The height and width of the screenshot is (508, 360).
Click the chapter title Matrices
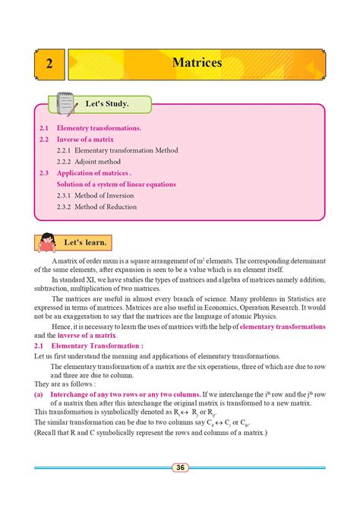(x=197, y=63)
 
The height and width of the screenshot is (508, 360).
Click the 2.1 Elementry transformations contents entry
(x=90, y=128)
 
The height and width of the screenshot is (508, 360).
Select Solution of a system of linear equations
(x=116, y=184)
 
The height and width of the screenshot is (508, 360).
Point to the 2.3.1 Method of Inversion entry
(x=96, y=195)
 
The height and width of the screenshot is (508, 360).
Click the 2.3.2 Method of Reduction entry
(x=96, y=207)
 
